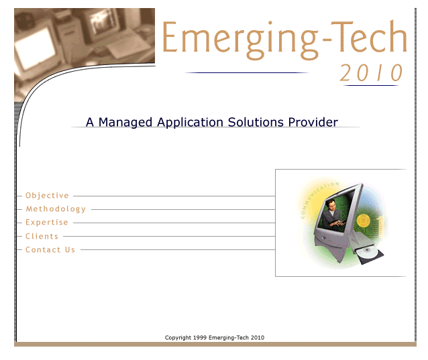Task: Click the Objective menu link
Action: coord(47,196)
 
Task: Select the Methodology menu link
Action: coord(56,209)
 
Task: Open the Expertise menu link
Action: coord(47,223)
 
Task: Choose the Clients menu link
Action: coord(42,236)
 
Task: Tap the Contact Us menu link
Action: coord(50,249)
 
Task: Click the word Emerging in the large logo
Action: coord(240,40)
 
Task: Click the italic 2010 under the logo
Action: coord(371,73)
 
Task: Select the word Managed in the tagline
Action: coord(125,123)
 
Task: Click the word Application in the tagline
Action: coord(191,123)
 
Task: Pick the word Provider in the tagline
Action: coord(313,122)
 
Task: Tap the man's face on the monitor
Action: coord(331,204)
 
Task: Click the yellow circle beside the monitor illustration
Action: coord(364,221)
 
